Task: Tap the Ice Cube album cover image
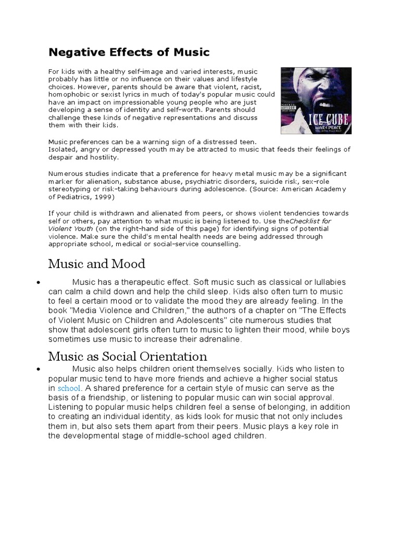tap(316, 100)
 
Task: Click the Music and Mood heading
tap(96, 264)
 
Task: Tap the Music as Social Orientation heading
tap(128, 357)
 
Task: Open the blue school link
tap(69, 389)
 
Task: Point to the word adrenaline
tap(223, 339)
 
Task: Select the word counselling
tap(214, 244)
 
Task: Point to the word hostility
tap(103, 157)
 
